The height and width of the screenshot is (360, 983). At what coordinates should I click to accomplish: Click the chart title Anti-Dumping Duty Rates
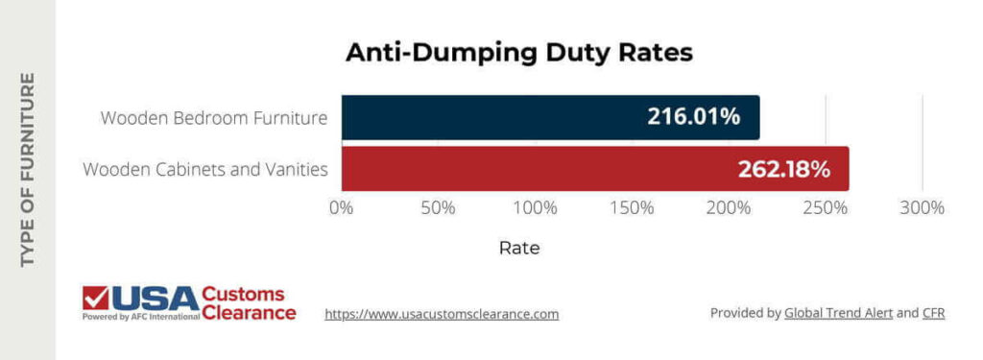coord(518,53)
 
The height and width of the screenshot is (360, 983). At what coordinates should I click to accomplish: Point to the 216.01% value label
coord(693,117)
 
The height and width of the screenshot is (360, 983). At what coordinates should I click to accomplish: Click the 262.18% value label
coord(783,170)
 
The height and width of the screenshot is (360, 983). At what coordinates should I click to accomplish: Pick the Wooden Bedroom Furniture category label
coord(214,118)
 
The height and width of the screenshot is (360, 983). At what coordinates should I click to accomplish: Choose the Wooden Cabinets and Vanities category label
coord(205,170)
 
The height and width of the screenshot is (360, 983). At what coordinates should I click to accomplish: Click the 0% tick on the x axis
coord(341,207)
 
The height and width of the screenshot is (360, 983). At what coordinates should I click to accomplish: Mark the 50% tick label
coord(437,207)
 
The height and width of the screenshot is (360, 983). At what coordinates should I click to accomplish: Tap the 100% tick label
coord(534,207)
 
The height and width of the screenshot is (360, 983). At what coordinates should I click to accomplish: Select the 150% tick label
coord(631,207)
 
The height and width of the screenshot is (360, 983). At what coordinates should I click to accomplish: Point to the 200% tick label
coord(728,207)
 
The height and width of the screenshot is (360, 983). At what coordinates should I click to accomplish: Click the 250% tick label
coord(825,207)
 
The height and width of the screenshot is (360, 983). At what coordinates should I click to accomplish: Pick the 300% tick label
coord(922,207)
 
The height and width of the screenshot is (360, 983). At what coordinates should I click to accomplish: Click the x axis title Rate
coord(519,248)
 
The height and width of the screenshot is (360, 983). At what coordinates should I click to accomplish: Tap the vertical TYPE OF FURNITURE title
coord(28,169)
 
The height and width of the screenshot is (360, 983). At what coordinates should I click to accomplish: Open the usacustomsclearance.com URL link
coord(442,314)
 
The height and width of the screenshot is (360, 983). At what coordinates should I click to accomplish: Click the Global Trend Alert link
coord(838,313)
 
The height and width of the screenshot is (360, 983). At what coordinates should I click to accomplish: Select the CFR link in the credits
coord(934,313)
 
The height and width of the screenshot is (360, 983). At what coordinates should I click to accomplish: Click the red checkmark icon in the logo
coord(96,297)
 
